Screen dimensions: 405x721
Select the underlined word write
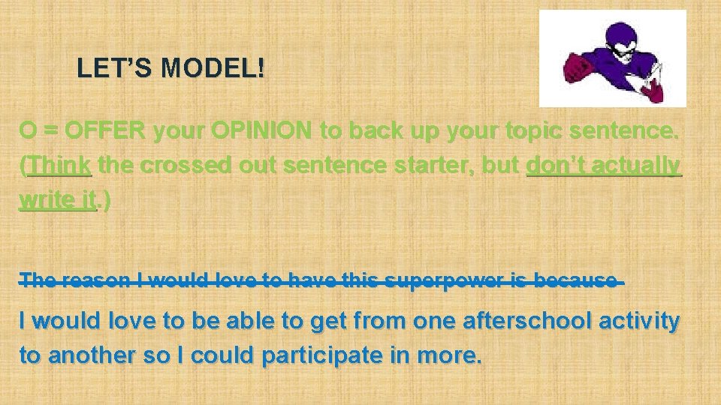[x=44, y=200]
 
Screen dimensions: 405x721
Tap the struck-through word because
[x=582, y=281]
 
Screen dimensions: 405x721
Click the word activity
[x=643, y=322]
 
